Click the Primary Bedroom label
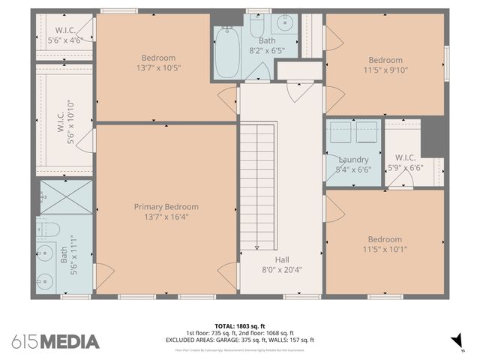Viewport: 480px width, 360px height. [x=166, y=207]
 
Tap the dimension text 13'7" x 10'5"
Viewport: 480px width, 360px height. [x=158, y=68]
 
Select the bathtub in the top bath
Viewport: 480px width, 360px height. [x=226, y=52]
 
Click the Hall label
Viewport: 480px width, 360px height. [x=282, y=259]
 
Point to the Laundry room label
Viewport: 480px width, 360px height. [x=353, y=160]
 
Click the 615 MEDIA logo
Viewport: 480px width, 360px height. [x=55, y=342]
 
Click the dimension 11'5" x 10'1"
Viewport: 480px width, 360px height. [x=385, y=250]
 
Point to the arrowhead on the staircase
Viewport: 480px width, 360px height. [x=257, y=247]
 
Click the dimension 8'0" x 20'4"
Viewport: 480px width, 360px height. [x=282, y=270]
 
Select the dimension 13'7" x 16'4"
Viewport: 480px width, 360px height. [x=166, y=217]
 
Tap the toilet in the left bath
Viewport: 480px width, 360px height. [x=46, y=228]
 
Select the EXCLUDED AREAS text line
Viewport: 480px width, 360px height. [x=240, y=340]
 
